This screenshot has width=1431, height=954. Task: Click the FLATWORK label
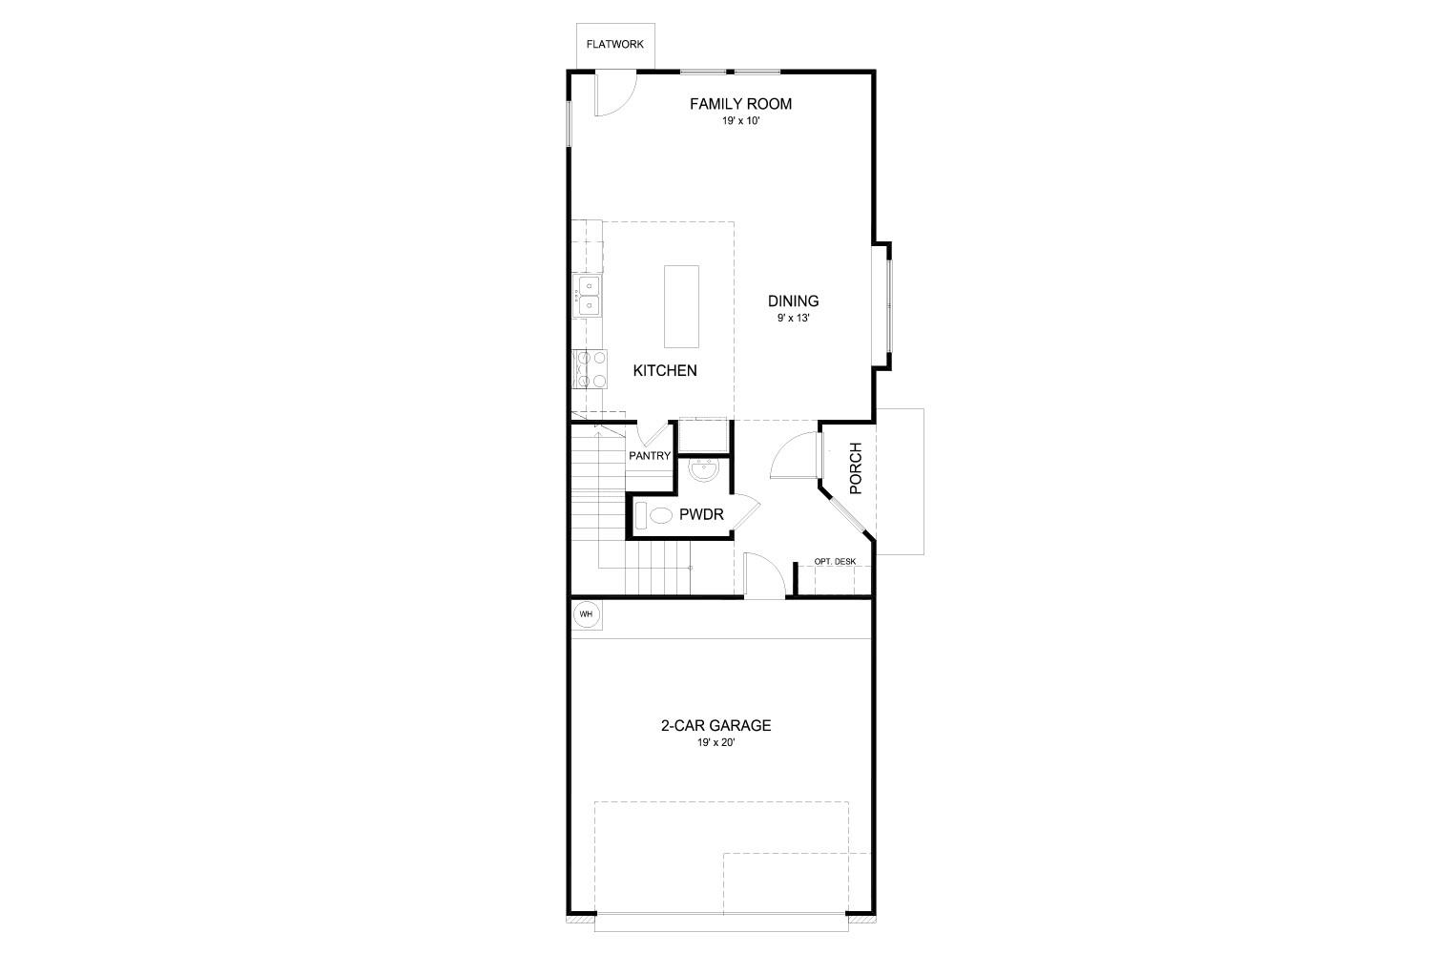point(615,44)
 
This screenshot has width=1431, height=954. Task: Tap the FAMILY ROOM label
point(741,104)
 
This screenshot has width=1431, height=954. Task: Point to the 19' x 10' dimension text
point(740,121)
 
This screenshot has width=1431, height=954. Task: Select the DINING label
point(794,301)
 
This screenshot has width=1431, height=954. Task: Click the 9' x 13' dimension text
point(793,319)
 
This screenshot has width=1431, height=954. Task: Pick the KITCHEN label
point(665,370)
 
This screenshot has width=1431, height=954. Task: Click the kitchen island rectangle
point(681,306)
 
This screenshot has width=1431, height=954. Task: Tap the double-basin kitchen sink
point(588,295)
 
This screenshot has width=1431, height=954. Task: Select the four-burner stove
point(589,368)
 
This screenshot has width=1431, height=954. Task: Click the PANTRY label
point(650,456)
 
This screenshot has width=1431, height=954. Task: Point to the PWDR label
point(701,515)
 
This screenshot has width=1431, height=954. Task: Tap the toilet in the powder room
point(658,516)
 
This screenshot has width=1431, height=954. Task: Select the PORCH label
point(856,468)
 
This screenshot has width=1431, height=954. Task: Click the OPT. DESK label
point(835,561)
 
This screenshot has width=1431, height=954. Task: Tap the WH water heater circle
point(586,614)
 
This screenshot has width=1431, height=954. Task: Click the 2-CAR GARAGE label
point(715,726)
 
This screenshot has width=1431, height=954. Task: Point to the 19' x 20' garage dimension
point(715,743)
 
